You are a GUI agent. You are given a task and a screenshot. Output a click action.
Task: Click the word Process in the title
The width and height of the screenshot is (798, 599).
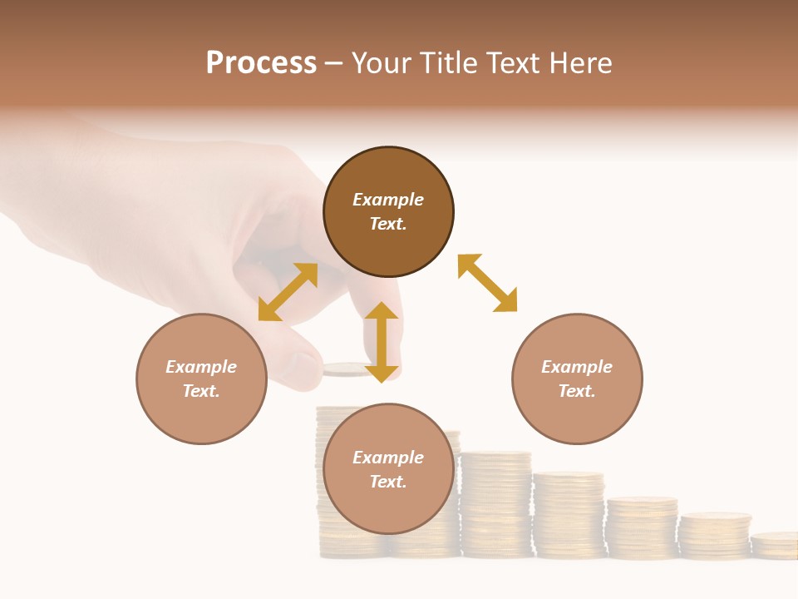tap(261, 63)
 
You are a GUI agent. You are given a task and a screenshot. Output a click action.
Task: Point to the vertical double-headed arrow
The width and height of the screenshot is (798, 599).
tap(382, 342)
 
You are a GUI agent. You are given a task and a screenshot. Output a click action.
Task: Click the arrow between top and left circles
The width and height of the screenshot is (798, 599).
tap(288, 292)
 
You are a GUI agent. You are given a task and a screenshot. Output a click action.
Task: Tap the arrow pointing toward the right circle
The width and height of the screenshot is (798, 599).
tap(488, 283)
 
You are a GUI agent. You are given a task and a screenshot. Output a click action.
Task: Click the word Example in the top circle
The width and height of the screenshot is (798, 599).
tap(388, 200)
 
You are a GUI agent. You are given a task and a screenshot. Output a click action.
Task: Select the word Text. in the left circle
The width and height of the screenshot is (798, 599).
tap(201, 391)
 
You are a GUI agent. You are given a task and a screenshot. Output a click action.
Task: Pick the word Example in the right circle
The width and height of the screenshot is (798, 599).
tap(577, 367)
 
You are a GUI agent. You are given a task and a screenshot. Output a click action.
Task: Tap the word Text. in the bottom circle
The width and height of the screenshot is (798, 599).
tap(388, 482)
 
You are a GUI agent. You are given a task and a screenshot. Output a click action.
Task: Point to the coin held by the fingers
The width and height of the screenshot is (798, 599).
tap(345, 369)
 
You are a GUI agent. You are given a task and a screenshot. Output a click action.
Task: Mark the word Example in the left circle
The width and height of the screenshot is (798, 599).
tap(201, 367)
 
